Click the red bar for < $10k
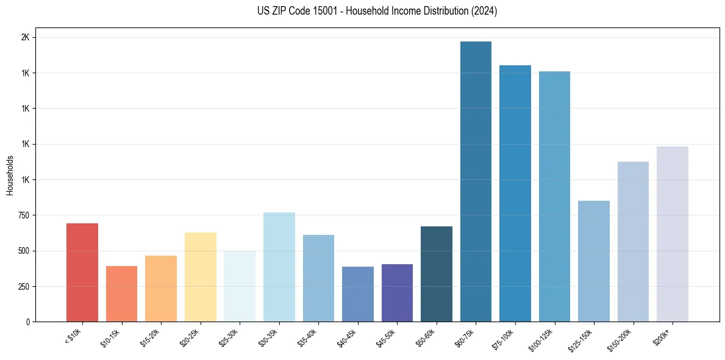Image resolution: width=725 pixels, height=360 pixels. pos(82,272)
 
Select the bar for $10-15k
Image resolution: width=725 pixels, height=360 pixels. pos(121,293)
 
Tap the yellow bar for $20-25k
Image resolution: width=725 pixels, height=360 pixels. pos(200,277)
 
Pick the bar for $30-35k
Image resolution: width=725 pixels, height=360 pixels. pos(279,267)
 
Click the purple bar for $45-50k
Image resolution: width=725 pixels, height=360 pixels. pos(397,293)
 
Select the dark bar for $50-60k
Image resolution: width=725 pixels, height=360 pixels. pos(436,274)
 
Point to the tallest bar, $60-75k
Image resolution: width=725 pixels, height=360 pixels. pos(476,181)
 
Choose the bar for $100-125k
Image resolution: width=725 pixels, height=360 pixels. pos(554,196)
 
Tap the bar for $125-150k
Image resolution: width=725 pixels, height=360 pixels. pos(593,261)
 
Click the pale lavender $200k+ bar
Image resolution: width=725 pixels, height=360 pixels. pos(672,234)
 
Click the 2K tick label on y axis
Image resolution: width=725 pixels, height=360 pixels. pos(25,37)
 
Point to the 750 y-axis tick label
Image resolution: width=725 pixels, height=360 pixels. pos(23,215)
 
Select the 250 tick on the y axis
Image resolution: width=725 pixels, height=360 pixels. pos(23,286)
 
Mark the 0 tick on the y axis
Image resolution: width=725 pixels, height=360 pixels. pos(27,322)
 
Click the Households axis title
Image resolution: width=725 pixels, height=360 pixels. pos(10,175)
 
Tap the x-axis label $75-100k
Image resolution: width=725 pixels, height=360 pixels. pos(503,338)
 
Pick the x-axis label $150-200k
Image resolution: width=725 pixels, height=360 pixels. pos(620,339)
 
